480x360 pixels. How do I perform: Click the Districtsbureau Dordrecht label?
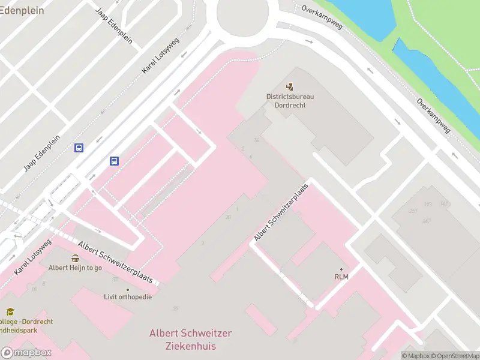pos(290,100)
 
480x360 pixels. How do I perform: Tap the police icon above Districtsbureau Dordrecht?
pos(290,87)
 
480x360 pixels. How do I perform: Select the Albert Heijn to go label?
pos(75,268)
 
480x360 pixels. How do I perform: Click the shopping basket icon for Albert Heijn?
pos(75,259)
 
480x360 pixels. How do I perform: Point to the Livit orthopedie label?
pos(128,297)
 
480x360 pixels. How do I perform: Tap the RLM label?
pos(341,277)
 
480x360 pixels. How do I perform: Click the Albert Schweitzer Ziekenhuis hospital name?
pos(190,340)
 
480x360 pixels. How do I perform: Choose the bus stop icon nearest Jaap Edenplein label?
pos(79,148)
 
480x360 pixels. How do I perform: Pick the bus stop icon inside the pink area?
pos(114,161)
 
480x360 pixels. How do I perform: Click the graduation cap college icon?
pos(10,312)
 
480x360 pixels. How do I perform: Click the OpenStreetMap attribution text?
pos(457,356)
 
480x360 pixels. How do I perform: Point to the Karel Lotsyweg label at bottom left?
pos(33,256)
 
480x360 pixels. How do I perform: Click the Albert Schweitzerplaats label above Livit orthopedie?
pos(118,262)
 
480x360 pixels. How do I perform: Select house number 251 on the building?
pos(413,211)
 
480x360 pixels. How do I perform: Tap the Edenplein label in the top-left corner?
pos(23,10)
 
